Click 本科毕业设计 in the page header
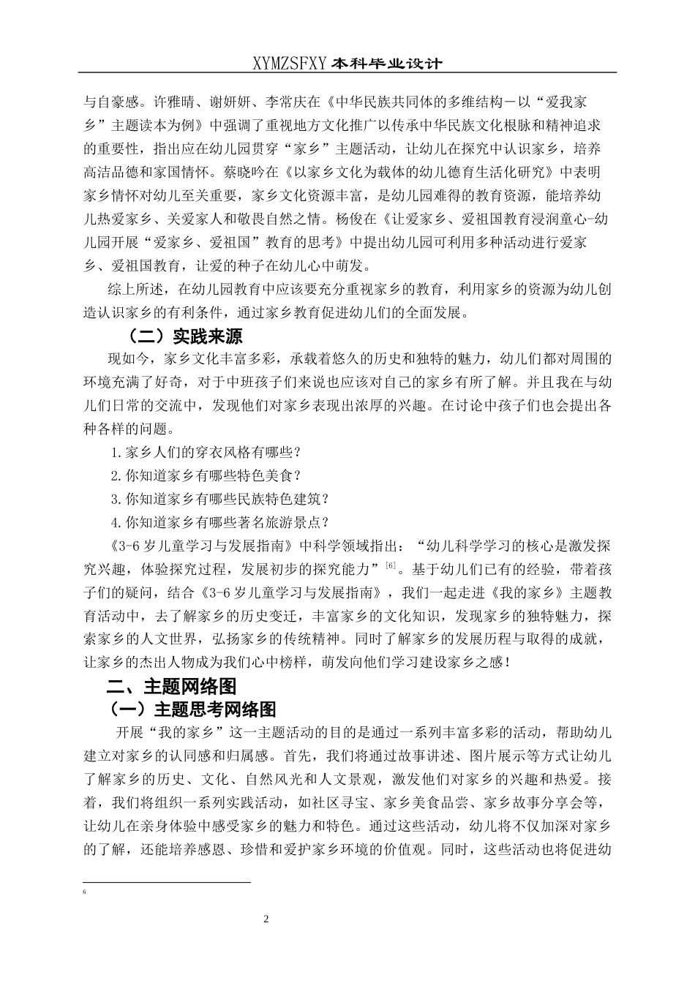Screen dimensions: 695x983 pyautogui.click(x=386, y=64)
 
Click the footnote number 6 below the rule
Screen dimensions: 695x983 pyautogui.click(x=86, y=892)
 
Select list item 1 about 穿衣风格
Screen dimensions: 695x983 pyautogui.click(x=206, y=453)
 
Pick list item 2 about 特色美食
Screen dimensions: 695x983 pyautogui.click(x=206, y=476)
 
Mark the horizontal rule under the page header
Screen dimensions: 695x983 pyautogui.click(x=347, y=72)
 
